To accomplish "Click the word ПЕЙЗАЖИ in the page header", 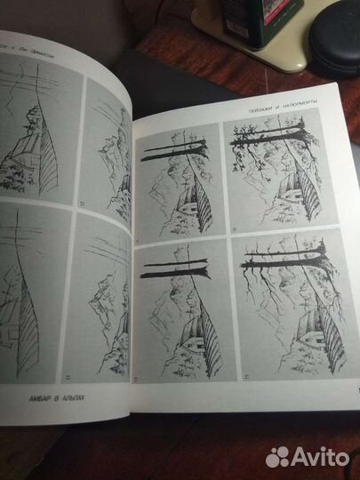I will click(263, 111).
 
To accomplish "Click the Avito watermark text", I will click(319, 456).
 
